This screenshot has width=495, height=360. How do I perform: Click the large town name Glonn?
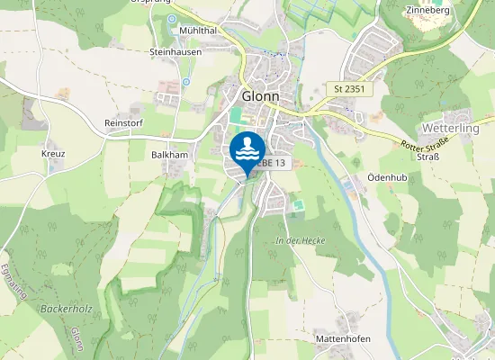pos(261,96)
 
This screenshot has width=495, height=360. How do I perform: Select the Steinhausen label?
pos(175,51)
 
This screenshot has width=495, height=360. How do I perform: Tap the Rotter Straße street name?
pos(424,142)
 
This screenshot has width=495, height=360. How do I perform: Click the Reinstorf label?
pos(124,121)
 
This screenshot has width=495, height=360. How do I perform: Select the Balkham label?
pos(169,155)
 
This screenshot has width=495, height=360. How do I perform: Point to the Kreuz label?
pos(53,154)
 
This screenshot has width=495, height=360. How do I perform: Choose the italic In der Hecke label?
pos(300,240)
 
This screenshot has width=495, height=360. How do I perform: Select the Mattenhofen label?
pos(343,338)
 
